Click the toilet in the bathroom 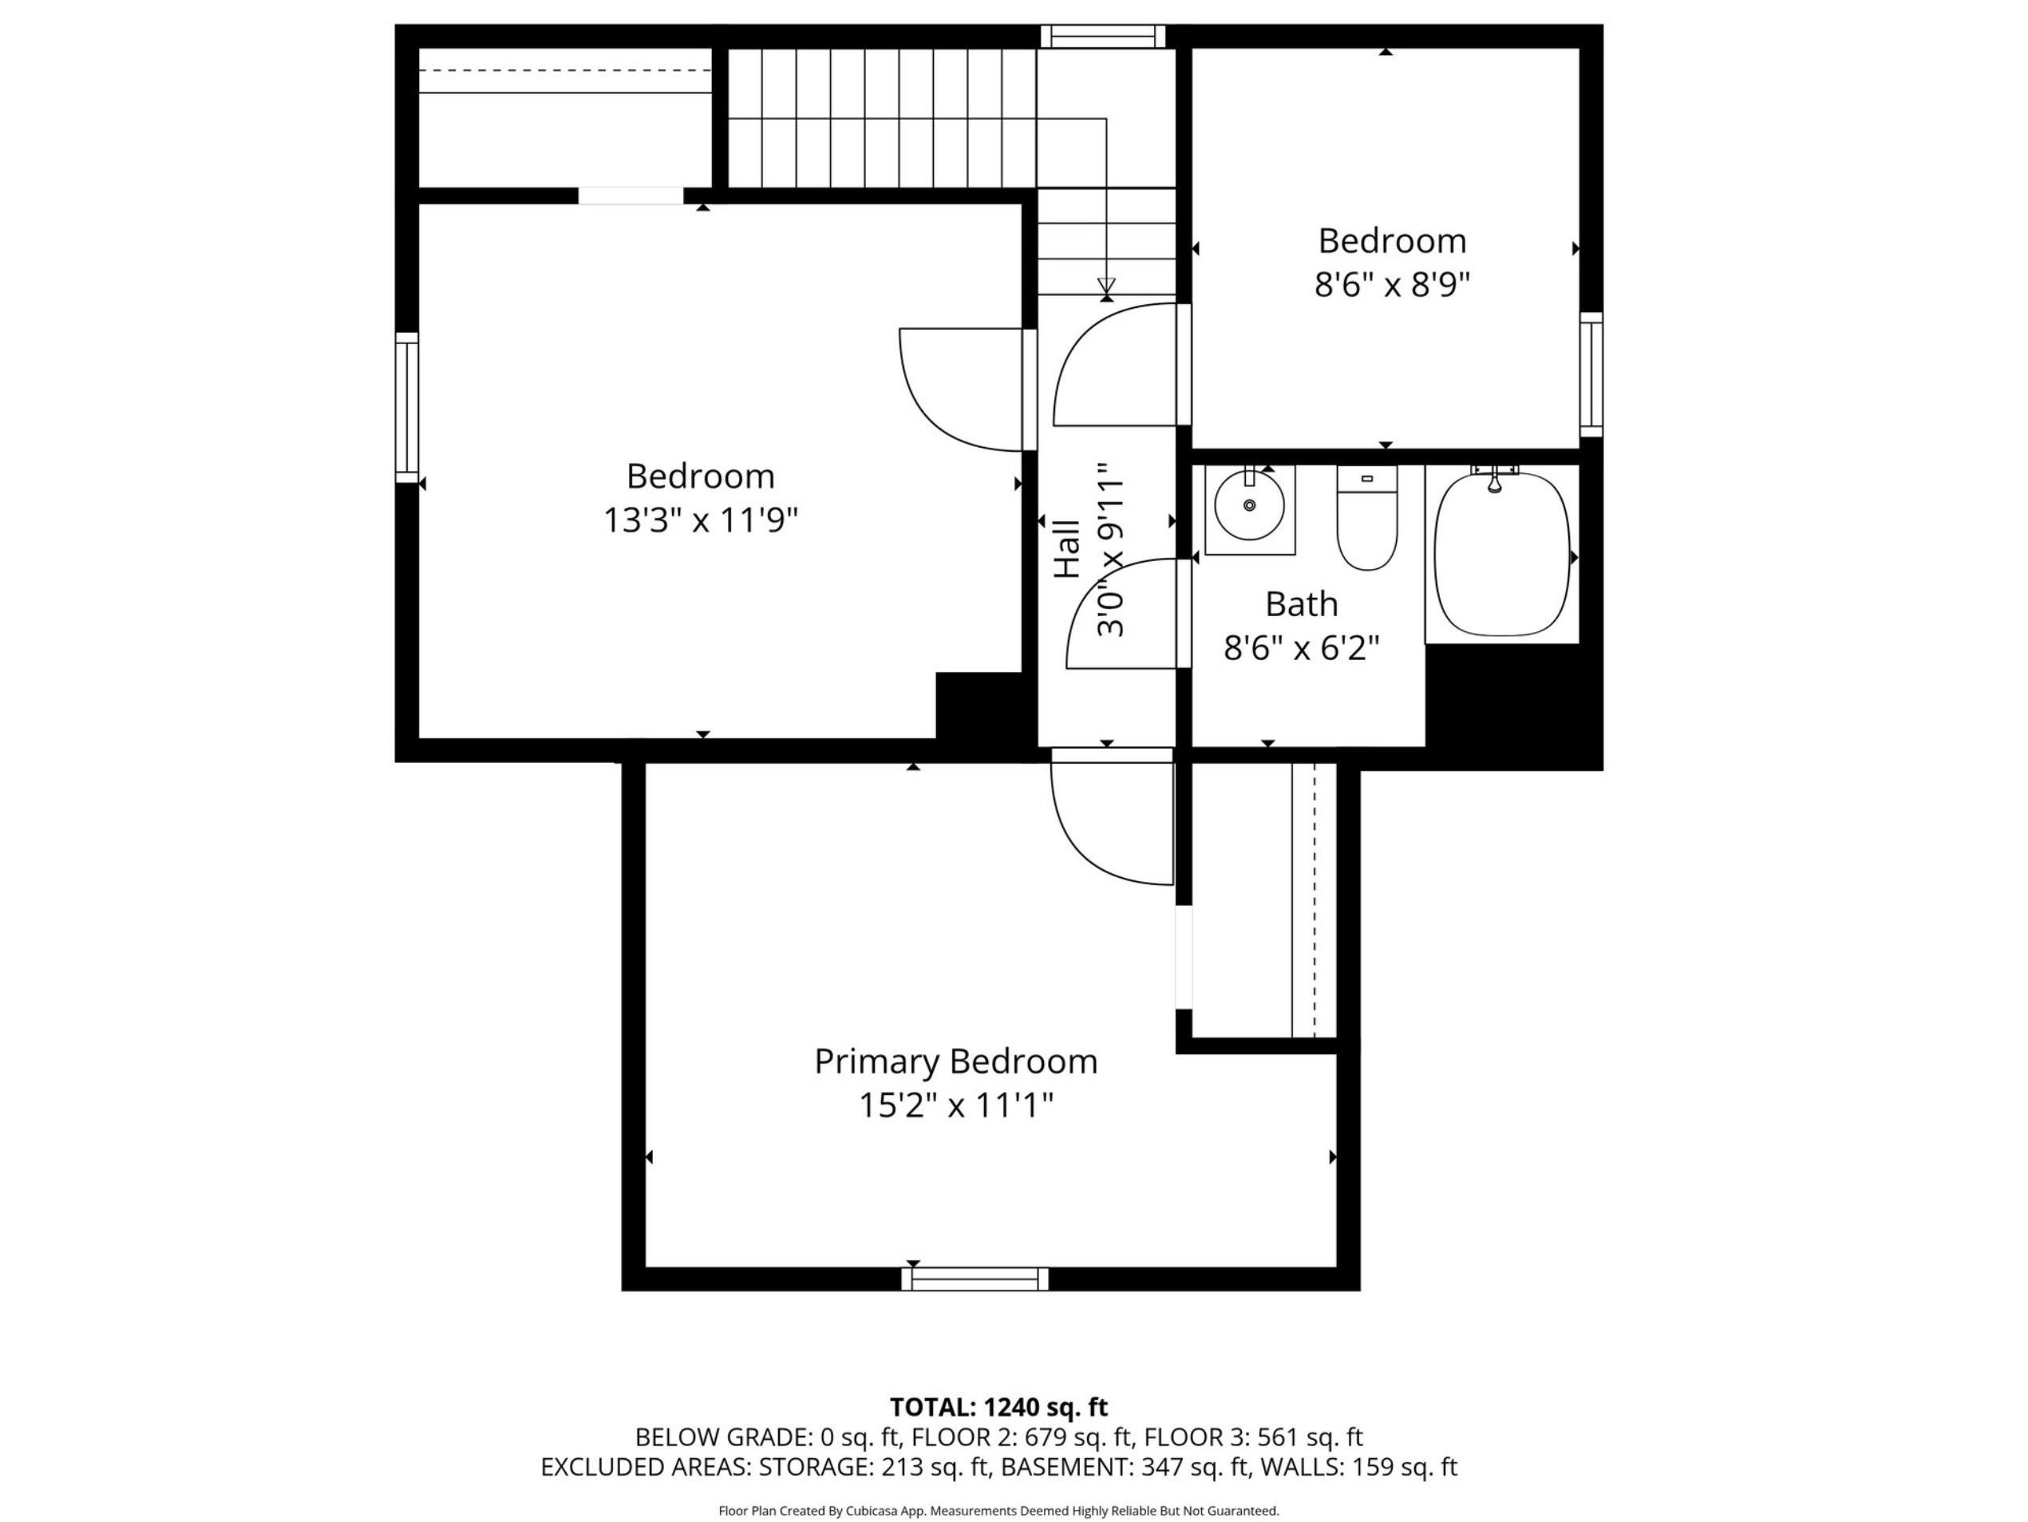[x=1366, y=517]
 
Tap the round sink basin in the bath [x=1249, y=505]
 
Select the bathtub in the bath [x=1502, y=554]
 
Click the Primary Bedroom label [x=955, y=1061]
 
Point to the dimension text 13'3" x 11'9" [x=701, y=521]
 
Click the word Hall [x=1067, y=548]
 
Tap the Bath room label [x=1301, y=604]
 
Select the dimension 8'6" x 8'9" [x=1392, y=285]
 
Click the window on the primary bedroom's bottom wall [x=974, y=1279]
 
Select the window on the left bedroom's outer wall [x=407, y=407]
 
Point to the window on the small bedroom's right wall [x=1591, y=374]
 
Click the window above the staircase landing [x=1103, y=36]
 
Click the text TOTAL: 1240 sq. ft [x=998, y=1407]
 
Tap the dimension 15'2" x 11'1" [x=955, y=1105]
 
